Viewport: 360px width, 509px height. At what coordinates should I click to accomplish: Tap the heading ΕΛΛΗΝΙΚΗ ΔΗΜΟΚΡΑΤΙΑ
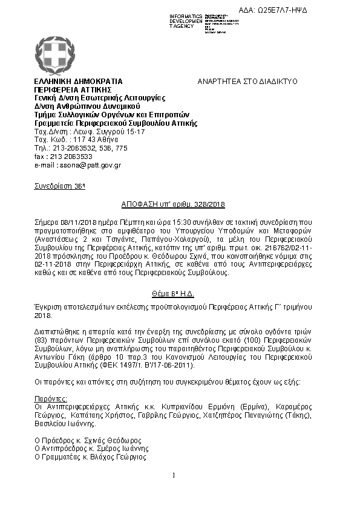(79, 81)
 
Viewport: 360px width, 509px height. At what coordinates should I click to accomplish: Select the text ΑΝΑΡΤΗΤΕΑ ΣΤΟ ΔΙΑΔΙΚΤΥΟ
(245, 81)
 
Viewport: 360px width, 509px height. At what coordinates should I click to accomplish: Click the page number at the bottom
(173, 475)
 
